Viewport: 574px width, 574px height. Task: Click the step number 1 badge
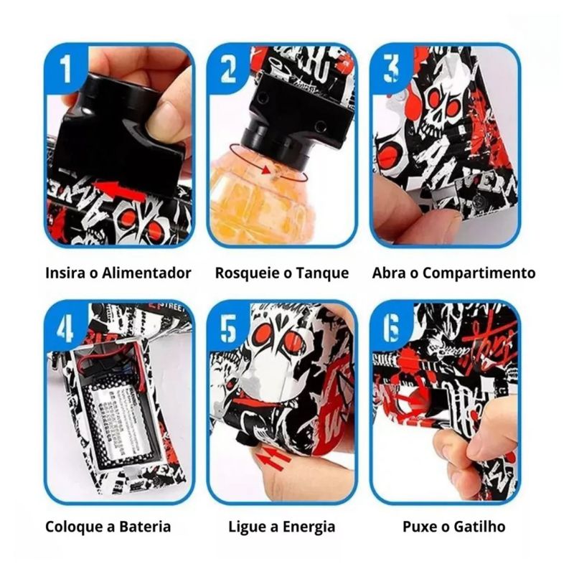click(x=65, y=68)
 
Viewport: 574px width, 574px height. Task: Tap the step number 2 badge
click(x=227, y=68)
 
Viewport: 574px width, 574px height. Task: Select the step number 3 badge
click(x=390, y=68)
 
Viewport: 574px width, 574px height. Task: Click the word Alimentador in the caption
click(x=146, y=273)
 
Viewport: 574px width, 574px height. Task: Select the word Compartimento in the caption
click(x=479, y=274)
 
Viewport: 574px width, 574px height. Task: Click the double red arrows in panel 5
click(x=272, y=458)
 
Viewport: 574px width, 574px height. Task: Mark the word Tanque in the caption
click(x=322, y=274)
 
